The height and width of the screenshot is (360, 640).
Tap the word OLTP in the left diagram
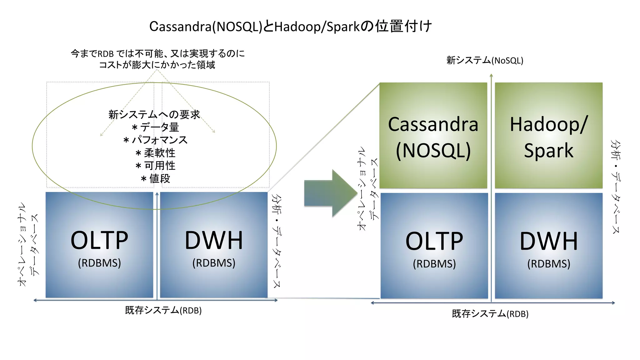click(x=99, y=241)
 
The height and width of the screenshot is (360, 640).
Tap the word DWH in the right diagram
click(x=548, y=242)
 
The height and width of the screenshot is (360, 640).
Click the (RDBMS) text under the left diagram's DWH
click(x=214, y=263)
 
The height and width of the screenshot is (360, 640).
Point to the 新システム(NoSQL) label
click(x=485, y=60)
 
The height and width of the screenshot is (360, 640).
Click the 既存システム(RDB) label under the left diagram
click(x=163, y=310)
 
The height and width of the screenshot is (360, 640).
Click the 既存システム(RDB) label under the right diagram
click(x=490, y=314)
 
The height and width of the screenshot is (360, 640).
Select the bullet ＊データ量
click(x=155, y=127)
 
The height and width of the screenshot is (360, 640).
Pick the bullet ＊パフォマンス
click(x=155, y=140)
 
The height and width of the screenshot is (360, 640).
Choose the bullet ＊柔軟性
click(x=155, y=153)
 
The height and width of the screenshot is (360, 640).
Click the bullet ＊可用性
click(x=155, y=166)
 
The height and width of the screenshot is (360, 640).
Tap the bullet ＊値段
click(x=155, y=178)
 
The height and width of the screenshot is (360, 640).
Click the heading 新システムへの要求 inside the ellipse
click(x=154, y=114)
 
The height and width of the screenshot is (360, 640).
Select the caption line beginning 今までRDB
click(x=157, y=53)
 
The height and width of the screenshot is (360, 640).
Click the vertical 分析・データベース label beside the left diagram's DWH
click(x=276, y=241)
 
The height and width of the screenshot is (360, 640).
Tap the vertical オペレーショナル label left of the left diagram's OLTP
click(x=22, y=244)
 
